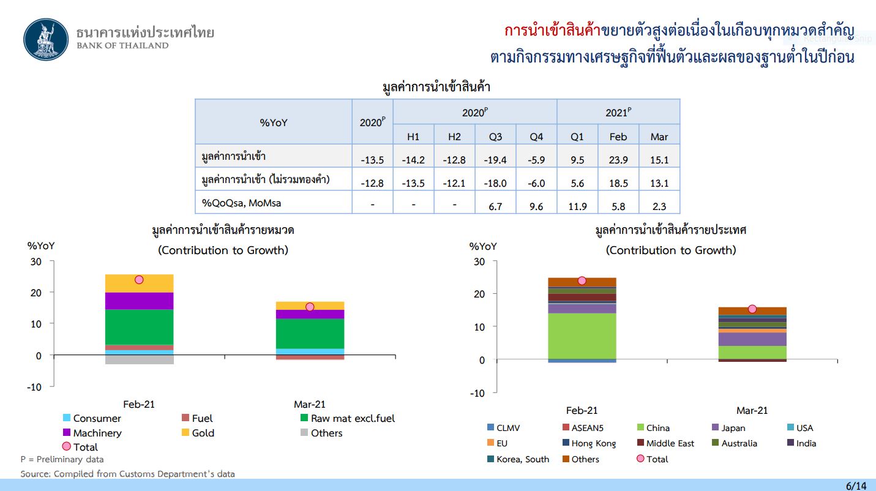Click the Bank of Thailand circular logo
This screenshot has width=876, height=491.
click(x=46, y=39)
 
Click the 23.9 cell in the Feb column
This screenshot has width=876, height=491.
click(x=618, y=160)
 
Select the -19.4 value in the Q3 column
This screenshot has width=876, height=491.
click(x=495, y=160)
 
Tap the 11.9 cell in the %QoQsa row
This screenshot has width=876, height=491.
click(x=577, y=206)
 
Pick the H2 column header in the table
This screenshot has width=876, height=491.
click(x=454, y=137)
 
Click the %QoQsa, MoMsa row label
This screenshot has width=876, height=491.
click(x=241, y=203)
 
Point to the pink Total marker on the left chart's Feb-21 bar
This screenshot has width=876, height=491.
click(x=139, y=280)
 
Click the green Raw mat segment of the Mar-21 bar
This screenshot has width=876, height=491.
click(x=310, y=333)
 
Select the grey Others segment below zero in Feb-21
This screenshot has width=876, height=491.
click(x=139, y=359)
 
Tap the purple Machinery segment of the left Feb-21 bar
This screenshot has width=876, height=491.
click(x=139, y=301)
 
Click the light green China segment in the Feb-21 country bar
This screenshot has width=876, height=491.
click(x=582, y=336)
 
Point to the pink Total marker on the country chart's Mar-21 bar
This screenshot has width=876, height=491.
click(x=752, y=309)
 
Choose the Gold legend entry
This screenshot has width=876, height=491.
click(x=198, y=433)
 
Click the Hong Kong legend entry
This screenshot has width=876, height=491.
click(x=589, y=443)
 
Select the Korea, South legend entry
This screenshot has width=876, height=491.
click(x=518, y=459)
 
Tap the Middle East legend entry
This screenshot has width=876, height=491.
click(x=665, y=443)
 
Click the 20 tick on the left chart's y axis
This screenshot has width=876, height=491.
click(x=36, y=293)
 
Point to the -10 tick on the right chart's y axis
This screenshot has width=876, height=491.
click(x=477, y=393)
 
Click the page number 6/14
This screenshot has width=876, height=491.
click(x=856, y=485)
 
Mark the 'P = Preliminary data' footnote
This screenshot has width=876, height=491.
click(x=62, y=459)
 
